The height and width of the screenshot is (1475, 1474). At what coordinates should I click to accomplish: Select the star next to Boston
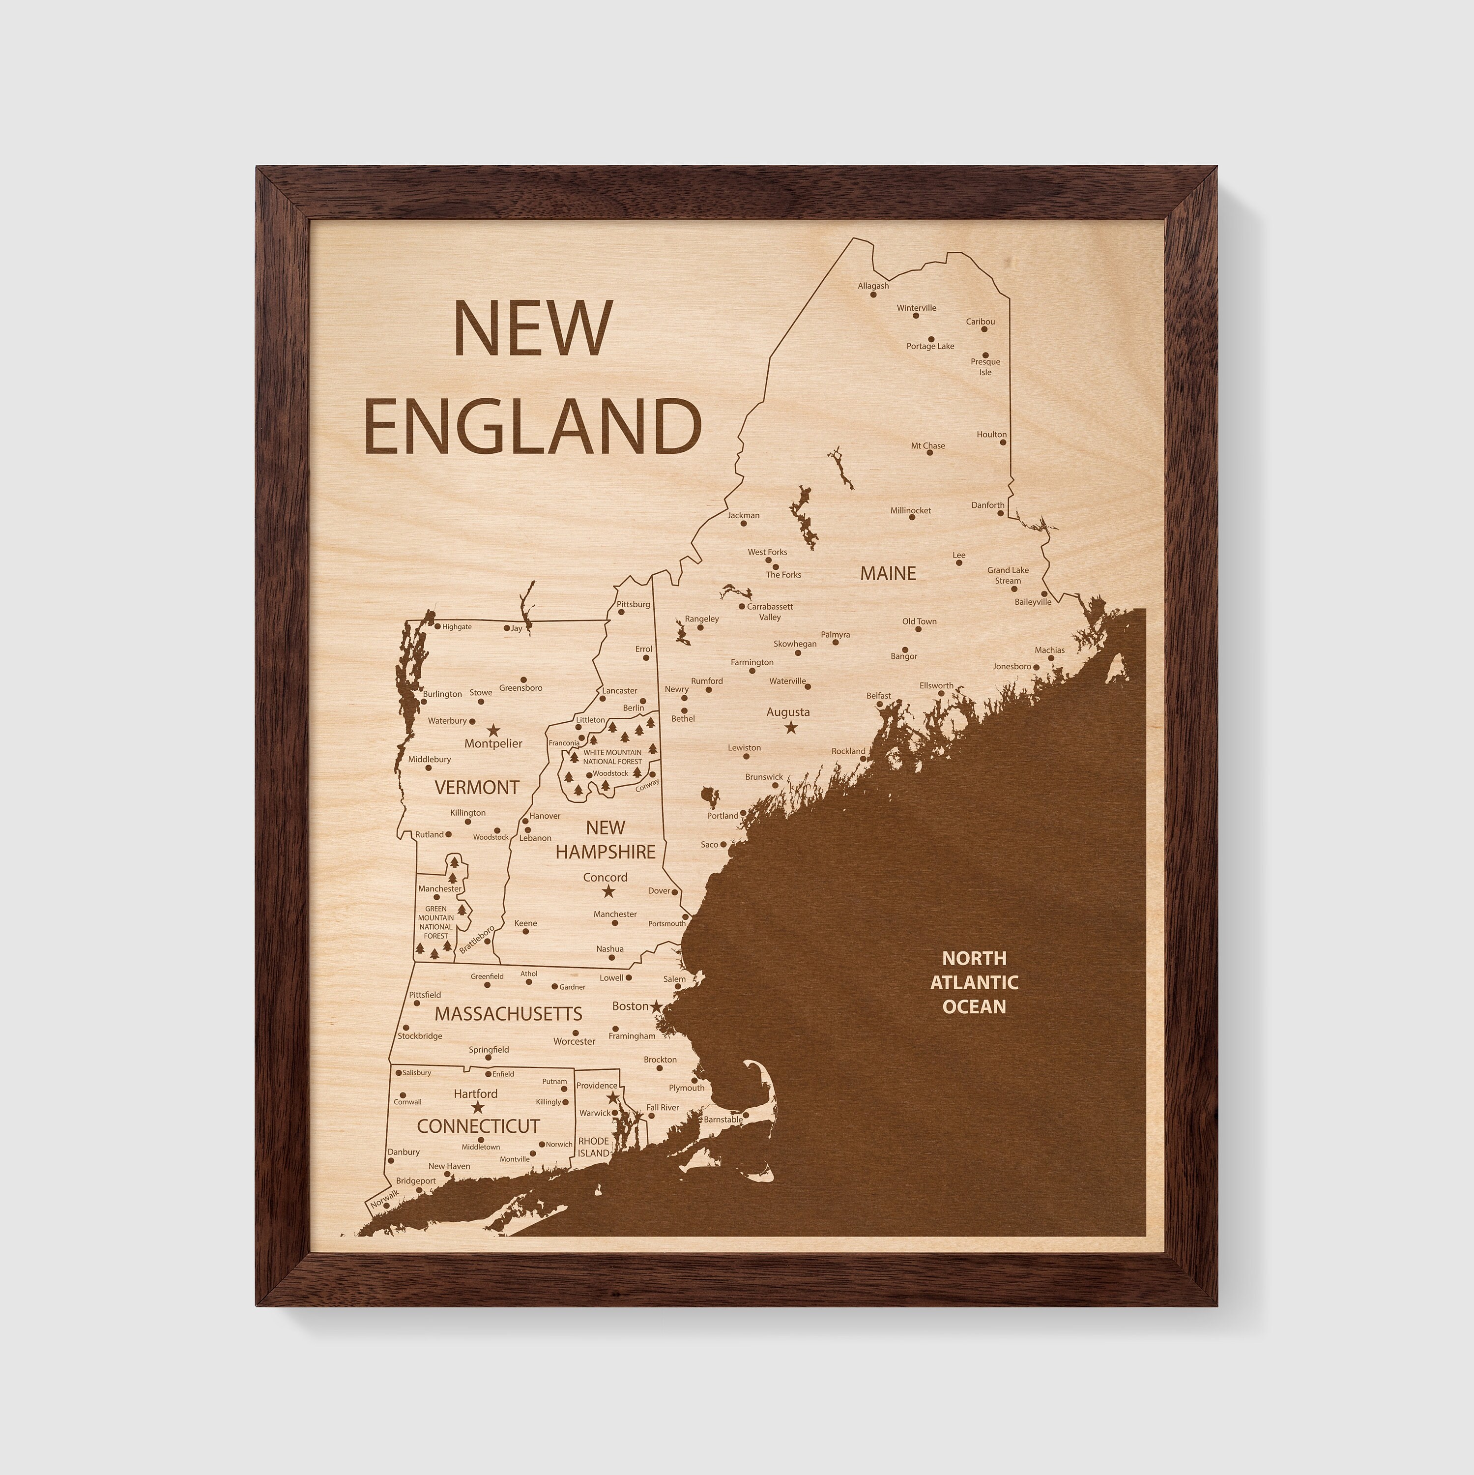(656, 1007)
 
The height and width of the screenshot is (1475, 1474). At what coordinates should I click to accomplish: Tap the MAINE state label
(888, 573)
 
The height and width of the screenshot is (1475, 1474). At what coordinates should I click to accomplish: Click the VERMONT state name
(476, 787)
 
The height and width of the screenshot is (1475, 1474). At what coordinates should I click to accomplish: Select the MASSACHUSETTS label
(508, 1014)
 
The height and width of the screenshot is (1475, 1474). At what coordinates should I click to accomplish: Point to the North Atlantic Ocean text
(974, 982)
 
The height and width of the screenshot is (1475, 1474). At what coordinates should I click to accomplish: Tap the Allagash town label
(873, 286)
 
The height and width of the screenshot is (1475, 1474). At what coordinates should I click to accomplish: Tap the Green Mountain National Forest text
(436, 922)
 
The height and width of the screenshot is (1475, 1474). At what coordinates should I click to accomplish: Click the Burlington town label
(443, 694)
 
